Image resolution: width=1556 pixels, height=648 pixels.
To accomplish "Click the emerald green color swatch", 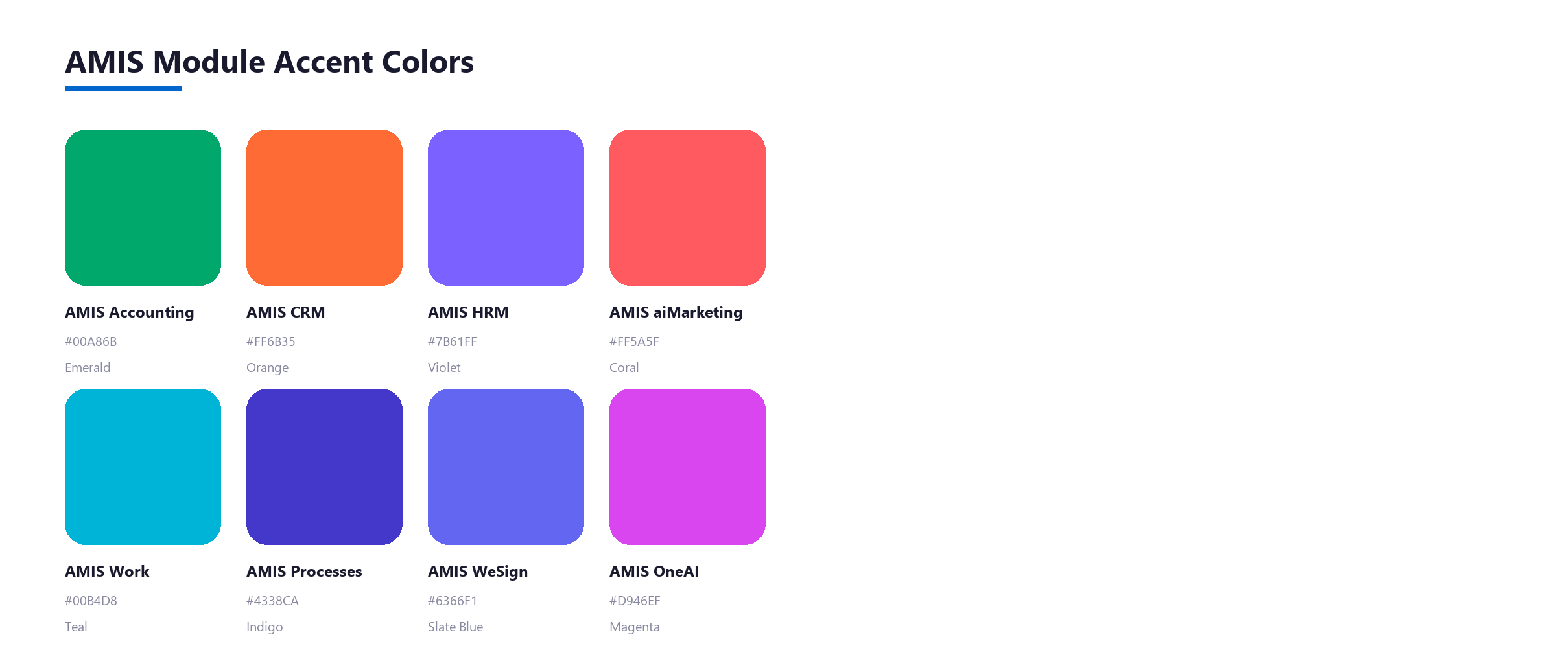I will click(x=143, y=207).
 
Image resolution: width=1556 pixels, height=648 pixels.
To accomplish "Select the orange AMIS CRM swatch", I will click(x=324, y=207).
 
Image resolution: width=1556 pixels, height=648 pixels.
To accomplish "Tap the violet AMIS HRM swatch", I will click(x=506, y=207).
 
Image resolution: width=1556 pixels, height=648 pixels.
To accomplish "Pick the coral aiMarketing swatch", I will click(x=687, y=207).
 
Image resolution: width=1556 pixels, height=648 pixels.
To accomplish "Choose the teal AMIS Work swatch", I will click(x=143, y=467).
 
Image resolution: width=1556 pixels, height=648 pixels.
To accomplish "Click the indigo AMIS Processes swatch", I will click(x=324, y=467).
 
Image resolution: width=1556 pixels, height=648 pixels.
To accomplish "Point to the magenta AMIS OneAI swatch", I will click(x=687, y=467).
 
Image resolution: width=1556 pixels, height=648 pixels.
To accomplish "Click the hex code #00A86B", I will click(x=91, y=341).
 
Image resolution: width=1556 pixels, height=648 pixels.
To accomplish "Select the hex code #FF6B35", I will click(x=271, y=341).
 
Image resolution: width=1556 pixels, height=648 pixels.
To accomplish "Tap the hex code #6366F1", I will click(x=453, y=601).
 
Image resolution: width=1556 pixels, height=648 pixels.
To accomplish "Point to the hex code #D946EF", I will click(x=635, y=601).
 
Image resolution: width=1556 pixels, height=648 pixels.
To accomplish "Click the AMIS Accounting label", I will click(x=130, y=312).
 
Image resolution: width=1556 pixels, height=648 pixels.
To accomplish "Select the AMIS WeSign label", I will click(x=478, y=572).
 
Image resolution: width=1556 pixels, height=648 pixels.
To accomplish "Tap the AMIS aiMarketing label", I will click(x=676, y=312).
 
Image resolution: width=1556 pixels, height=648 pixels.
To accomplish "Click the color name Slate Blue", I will click(x=455, y=627).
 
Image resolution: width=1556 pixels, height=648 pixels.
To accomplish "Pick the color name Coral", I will click(x=624, y=367).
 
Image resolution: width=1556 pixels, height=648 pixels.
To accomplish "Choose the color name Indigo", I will click(x=265, y=627).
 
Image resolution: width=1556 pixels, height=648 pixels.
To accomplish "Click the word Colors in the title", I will click(x=428, y=62).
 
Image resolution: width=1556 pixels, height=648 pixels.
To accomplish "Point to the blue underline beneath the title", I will click(x=123, y=88).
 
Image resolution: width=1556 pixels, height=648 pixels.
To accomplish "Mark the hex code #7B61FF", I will click(x=453, y=341).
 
